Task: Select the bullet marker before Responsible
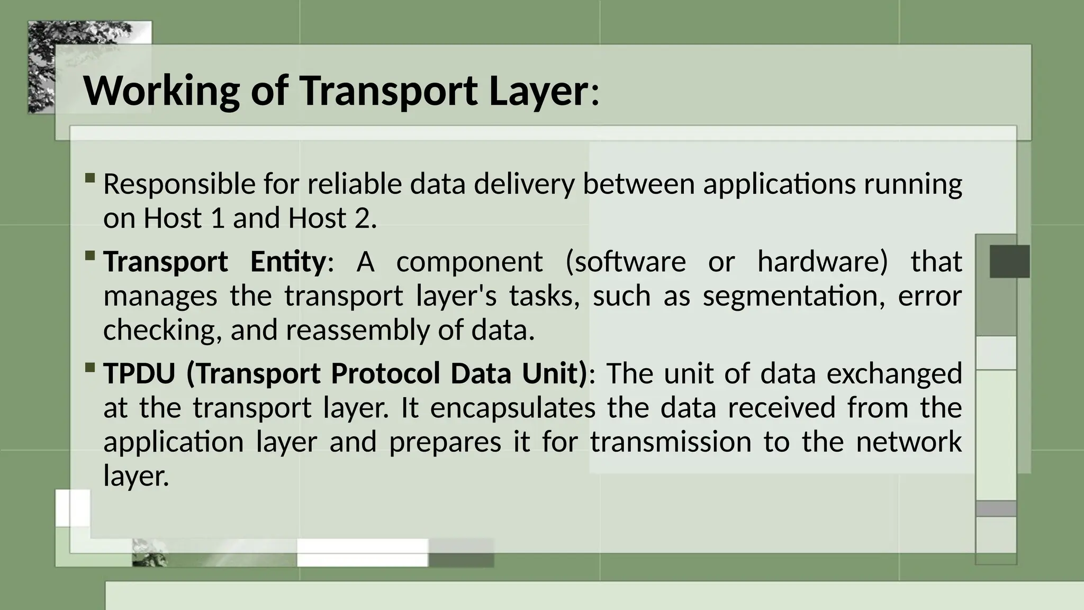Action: click(90, 177)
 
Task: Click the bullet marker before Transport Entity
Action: click(90, 256)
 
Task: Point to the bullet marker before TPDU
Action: click(90, 367)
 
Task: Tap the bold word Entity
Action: click(288, 262)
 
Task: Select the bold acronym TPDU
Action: click(139, 373)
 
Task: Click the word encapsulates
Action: click(513, 408)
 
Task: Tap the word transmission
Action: click(671, 442)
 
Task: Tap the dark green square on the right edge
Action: click(1009, 262)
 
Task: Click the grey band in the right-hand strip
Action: click(996, 509)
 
